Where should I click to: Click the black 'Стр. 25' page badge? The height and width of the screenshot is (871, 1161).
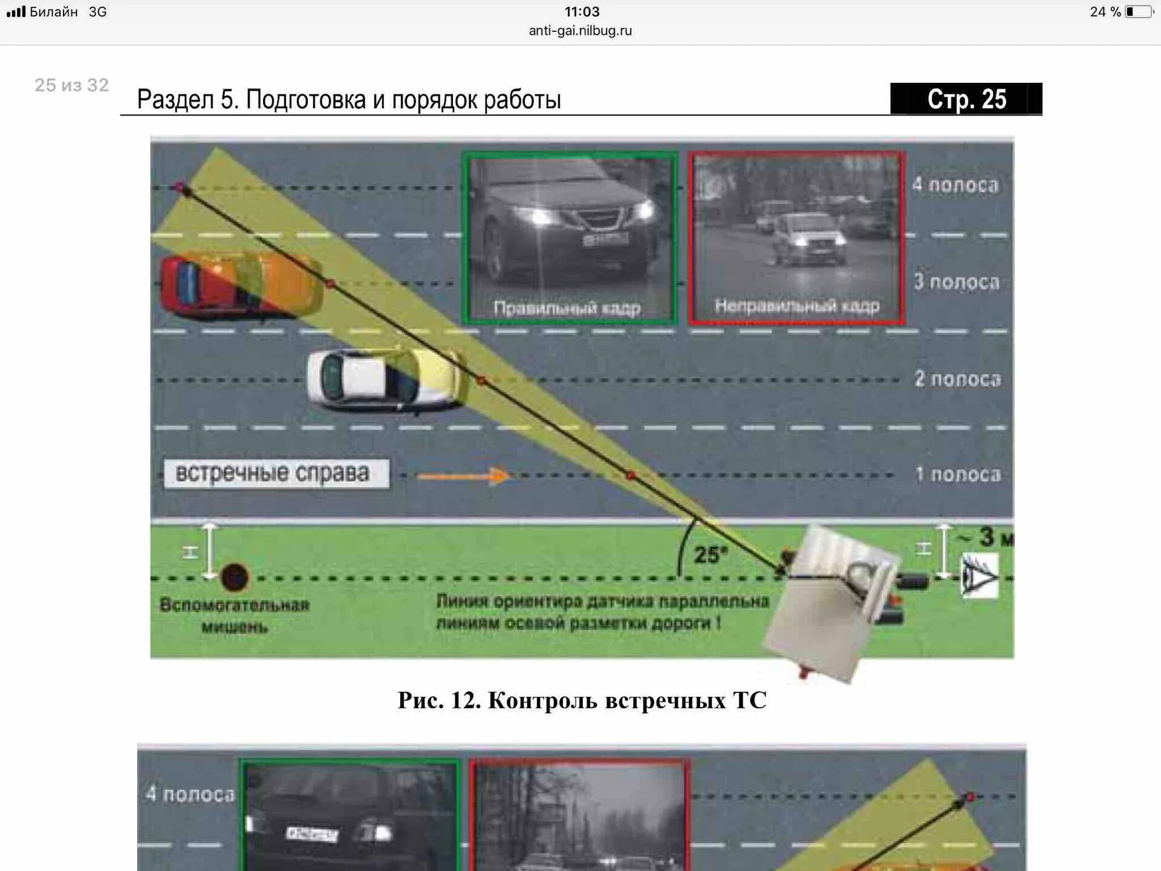(x=966, y=99)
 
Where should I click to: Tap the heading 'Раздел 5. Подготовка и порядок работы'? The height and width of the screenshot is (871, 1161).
(x=349, y=100)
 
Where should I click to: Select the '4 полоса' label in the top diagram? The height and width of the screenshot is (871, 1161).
(x=955, y=185)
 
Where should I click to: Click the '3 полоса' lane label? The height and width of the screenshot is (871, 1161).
(x=956, y=282)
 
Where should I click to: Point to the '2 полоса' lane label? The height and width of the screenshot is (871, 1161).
(x=957, y=379)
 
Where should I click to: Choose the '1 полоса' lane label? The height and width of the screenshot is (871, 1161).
(x=958, y=474)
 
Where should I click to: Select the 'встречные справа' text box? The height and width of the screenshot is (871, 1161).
(x=276, y=474)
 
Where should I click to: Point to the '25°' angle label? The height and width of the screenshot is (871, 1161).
(x=710, y=555)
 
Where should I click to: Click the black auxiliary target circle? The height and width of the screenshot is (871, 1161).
(x=235, y=577)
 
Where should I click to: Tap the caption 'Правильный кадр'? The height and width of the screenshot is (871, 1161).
(x=567, y=308)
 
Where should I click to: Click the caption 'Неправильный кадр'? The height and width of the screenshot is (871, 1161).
(x=796, y=306)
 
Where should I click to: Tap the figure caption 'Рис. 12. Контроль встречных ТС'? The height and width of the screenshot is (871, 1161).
(x=582, y=700)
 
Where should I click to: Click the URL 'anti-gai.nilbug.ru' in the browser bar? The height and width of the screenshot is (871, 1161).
(x=580, y=31)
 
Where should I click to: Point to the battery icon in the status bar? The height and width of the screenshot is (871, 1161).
(x=1139, y=11)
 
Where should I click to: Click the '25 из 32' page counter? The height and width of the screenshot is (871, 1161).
(x=71, y=85)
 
